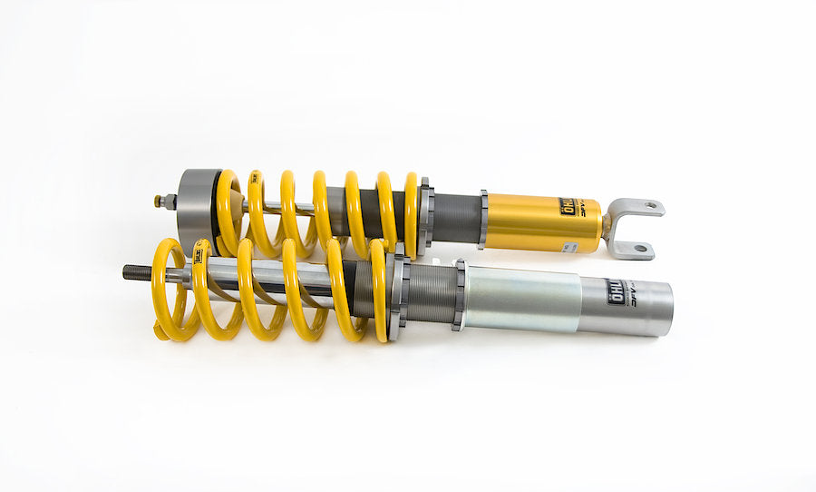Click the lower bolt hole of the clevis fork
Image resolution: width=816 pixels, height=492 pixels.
click(x=641, y=248)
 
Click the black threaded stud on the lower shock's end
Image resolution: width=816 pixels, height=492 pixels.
click(x=136, y=271)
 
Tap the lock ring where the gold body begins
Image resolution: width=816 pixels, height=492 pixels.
click(x=483, y=219)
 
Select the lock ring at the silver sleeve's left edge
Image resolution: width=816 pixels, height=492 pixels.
click(x=460, y=294)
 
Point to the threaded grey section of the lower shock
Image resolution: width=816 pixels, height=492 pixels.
click(x=430, y=293)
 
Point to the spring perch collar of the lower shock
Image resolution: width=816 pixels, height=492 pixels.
click(x=396, y=292)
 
